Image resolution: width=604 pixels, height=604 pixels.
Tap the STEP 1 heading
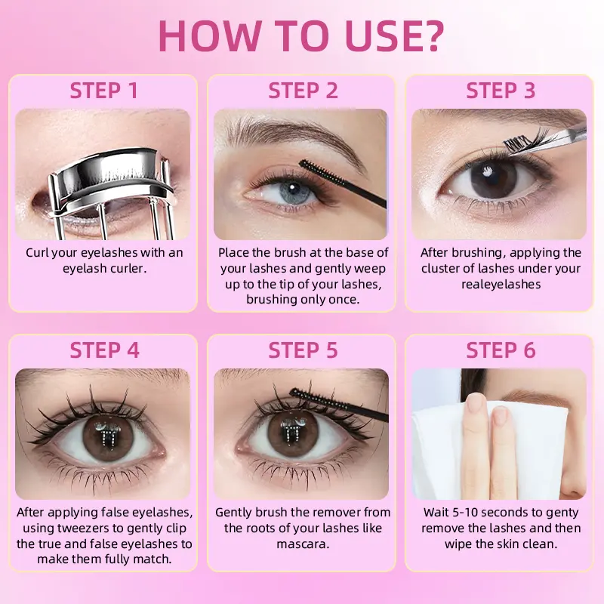pos(103,91)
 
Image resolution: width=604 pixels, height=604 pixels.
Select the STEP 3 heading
pos(501,91)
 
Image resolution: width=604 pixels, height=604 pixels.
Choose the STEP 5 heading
pos(303,350)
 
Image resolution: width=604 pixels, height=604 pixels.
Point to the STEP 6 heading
pos(501,350)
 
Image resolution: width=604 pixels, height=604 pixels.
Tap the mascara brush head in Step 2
pos(320,174)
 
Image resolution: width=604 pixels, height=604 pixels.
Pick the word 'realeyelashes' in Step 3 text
pos(501,285)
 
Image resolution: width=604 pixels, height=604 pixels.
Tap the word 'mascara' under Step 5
pos(303,544)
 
